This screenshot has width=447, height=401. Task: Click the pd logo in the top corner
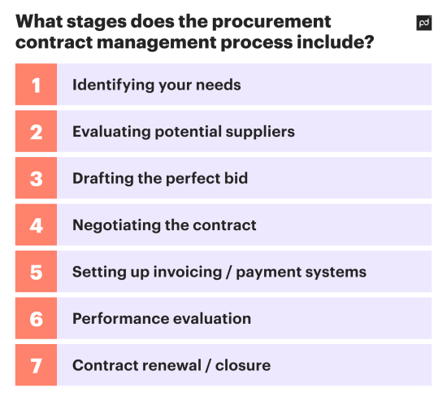423,24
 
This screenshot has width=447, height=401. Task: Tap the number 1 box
36,85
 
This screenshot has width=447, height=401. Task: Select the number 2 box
36,132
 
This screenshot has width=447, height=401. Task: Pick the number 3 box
36,178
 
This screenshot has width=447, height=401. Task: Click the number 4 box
36,225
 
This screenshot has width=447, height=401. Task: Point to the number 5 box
36,272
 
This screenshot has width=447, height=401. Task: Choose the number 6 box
36,319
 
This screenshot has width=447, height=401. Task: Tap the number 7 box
36,365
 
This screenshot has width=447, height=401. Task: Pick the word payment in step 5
274,272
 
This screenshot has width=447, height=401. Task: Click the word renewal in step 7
173,365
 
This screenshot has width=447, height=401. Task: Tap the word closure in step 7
244,365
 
